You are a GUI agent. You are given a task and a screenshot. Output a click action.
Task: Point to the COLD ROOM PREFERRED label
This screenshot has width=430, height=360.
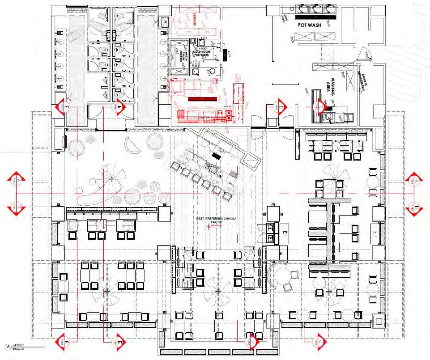pyautogui.click(x=204, y=54)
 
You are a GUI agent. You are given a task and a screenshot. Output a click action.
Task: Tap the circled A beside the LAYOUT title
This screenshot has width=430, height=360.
pyautogui.click(x=7, y=346)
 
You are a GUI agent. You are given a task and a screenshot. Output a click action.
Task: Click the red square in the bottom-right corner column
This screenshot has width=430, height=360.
pyautogui.click(x=379, y=321)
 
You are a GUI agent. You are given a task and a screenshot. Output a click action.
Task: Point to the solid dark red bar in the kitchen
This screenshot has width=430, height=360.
pyautogui.click(x=202, y=99)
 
